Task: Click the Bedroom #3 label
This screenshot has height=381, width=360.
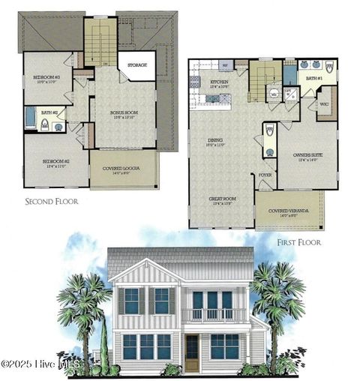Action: (x=46, y=77)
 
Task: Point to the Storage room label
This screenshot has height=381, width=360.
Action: (x=137, y=65)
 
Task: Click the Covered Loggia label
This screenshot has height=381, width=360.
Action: (x=123, y=169)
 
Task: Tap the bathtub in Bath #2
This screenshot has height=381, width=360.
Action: (x=30, y=118)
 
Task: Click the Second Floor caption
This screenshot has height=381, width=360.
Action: (x=52, y=201)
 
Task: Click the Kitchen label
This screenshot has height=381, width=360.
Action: (x=219, y=82)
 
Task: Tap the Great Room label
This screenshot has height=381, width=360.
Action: (x=222, y=199)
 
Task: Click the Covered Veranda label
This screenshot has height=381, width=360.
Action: (x=289, y=211)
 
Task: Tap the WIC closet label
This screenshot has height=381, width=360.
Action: (x=324, y=104)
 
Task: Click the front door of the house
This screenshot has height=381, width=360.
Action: (x=192, y=352)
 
